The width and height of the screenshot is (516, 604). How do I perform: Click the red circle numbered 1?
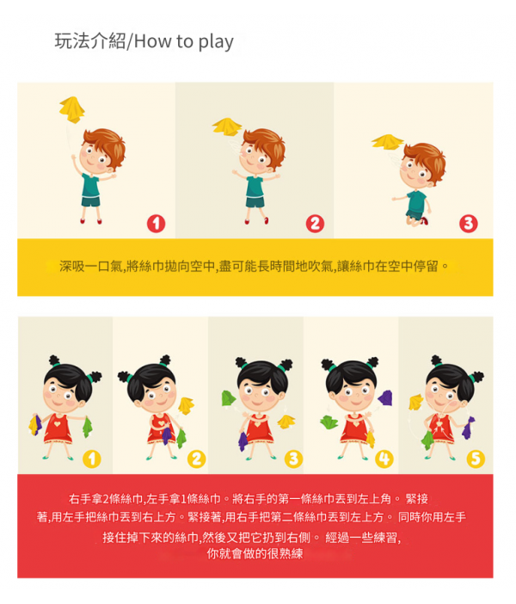point(156,224)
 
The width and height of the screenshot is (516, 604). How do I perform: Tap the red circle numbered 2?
point(315,224)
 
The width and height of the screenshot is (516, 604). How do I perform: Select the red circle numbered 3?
point(468,224)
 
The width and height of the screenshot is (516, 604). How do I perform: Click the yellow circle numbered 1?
point(92,459)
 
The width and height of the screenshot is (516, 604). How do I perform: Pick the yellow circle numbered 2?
point(196,459)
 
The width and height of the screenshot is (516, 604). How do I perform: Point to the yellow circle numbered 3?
point(293,459)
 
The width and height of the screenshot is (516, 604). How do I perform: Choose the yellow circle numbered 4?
point(384,459)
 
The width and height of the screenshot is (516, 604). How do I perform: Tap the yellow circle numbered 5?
point(476,459)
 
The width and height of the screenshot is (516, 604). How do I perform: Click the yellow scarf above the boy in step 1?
point(72,109)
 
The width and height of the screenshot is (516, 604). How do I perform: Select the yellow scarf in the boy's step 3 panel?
point(387,141)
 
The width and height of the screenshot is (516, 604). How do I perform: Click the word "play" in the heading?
point(216,42)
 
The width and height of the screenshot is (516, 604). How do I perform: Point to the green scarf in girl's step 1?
point(88,427)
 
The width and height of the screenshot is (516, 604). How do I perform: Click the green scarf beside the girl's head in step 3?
point(229,398)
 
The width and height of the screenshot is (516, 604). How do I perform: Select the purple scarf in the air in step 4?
point(385,398)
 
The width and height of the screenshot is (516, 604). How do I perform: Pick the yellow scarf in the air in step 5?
point(416,402)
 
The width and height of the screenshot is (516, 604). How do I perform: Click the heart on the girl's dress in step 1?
point(58,423)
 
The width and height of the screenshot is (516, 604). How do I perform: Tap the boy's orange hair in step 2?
point(267,144)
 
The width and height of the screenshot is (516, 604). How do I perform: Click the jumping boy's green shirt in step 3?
point(416,201)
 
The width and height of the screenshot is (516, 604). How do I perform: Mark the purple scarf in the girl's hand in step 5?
point(468,428)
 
